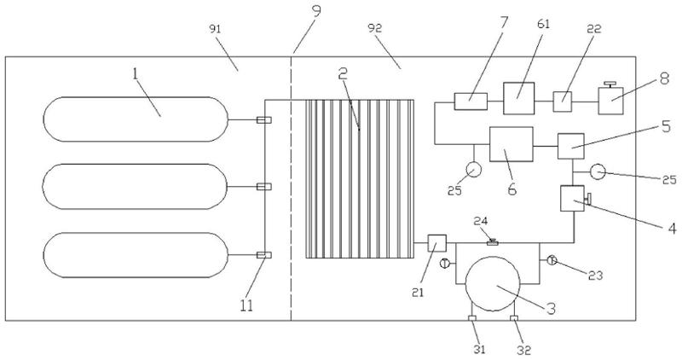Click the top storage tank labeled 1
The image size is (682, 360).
click(136, 119)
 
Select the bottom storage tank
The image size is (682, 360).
click(136, 255)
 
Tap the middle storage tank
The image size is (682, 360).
click(136, 187)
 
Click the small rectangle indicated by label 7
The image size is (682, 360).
click(470, 101)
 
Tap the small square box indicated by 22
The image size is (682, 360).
click(564, 101)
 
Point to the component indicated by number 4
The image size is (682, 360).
click(571, 200)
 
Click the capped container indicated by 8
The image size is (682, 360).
click(612, 102)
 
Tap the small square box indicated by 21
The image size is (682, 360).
click(436, 245)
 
